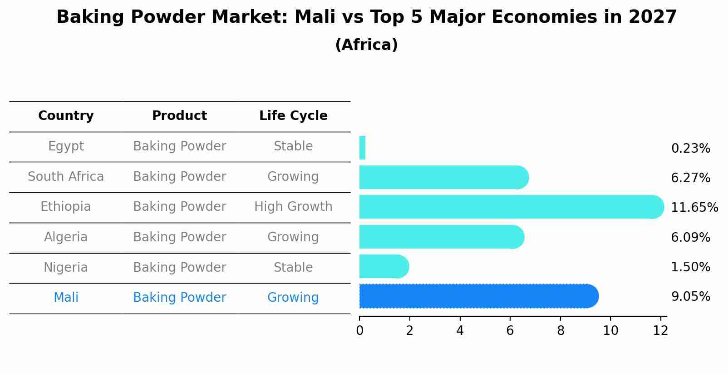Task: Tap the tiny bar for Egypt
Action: (x=362, y=148)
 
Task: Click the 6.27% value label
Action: (x=690, y=178)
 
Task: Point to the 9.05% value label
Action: (x=690, y=297)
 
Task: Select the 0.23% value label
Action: (x=690, y=148)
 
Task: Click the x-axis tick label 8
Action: (x=561, y=331)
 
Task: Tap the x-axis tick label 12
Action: (x=660, y=331)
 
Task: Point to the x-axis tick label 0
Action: (x=359, y=331)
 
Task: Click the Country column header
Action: (x=66, y=116)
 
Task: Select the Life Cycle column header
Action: (x=293, y=116)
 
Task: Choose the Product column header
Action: (x=179, y=116)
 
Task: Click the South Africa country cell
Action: (x=66, y=176)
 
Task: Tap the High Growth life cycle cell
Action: (x=293, y=207)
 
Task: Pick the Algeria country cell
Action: (x=66, y=237)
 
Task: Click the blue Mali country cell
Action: (x=66, y=298)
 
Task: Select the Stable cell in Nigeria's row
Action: (x=293, y=267)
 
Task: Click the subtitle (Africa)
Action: (x=366, y=45)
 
